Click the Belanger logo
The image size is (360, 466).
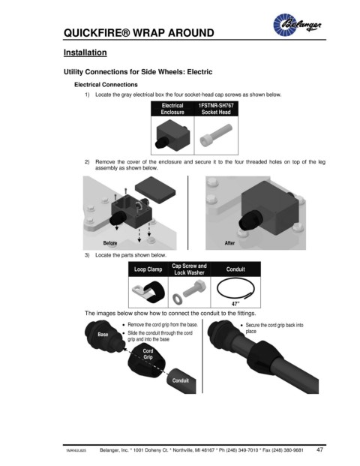coord(297,24)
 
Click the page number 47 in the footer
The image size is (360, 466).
coord(319,449)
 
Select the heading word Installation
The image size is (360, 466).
coord(85,53)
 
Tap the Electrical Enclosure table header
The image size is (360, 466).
coord(172,109)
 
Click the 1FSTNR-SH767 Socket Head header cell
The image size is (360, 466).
coord(216,109)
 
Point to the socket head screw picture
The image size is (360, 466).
coord(216,135)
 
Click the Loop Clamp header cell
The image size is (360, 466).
coord(148,269)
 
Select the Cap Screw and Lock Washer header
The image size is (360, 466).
coord(189,269)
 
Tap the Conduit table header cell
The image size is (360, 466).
coord(235,269)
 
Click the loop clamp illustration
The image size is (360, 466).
coord(148,292)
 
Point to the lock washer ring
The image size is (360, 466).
coord(177,299)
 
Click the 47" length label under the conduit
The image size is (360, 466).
coord(235,304)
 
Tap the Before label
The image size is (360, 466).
coord(110,243)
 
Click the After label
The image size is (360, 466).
coord(229,243)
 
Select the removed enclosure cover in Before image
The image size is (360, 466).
coord(154,190)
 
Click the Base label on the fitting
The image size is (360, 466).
coord(103,335)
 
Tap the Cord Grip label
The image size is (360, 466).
coord(148,353)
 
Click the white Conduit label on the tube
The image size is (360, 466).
coord(180,380)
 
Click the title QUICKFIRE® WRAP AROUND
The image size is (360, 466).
coord(139,33)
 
